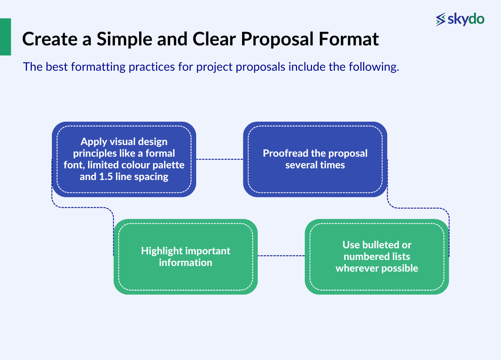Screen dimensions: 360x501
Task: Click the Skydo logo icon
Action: coord(441,19)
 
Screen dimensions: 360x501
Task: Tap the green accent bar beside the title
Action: coord(5,37)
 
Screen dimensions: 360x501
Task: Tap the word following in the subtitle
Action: coord(375,67)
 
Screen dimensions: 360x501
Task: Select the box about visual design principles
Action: coord(124,159)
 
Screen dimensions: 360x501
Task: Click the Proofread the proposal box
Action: coord(315,159)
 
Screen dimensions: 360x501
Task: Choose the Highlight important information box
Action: coord(185,256)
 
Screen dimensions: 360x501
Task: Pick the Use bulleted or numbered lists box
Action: coord(377,256)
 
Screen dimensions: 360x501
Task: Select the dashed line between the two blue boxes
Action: coord(220,160)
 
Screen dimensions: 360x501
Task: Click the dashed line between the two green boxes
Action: coord(281,256)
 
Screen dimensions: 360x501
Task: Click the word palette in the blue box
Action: coord(169,165)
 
